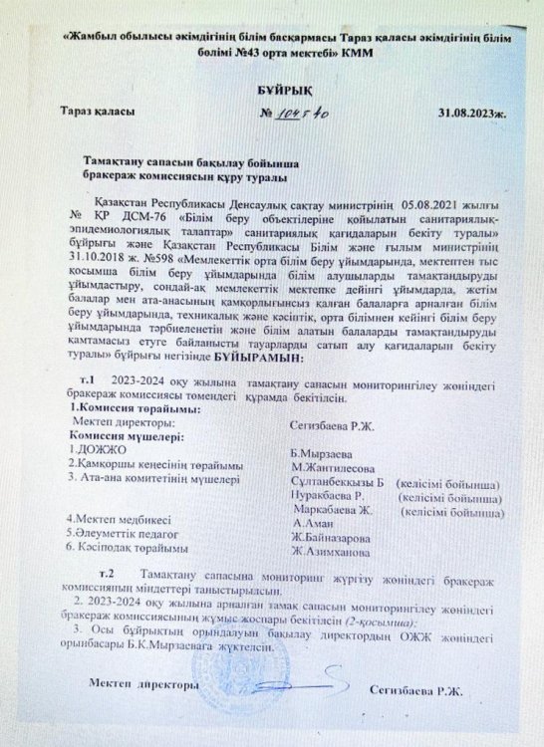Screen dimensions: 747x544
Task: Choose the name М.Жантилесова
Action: click(334, 465)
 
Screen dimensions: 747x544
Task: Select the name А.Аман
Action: click(312, 522)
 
